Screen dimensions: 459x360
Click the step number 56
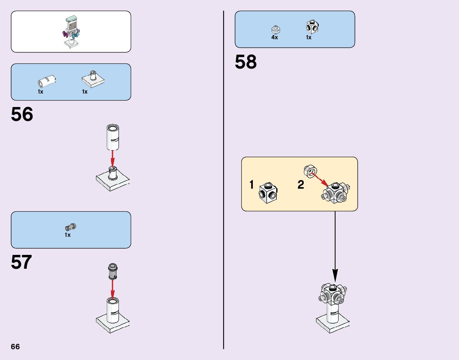22,115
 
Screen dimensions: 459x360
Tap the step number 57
22,263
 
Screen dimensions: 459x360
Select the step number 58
245,62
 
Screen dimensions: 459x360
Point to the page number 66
15,347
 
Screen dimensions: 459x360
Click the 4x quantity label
274,38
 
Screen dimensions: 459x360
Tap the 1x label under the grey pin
67,235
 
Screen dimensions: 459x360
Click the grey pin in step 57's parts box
71,227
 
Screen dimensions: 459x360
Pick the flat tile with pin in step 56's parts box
93,79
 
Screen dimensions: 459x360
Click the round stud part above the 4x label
275,29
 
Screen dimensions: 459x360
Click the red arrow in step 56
112,158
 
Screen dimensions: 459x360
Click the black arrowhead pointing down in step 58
335,276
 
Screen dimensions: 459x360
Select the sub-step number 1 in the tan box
252,185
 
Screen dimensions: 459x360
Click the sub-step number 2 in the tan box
301,185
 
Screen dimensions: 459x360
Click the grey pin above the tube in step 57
113,271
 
